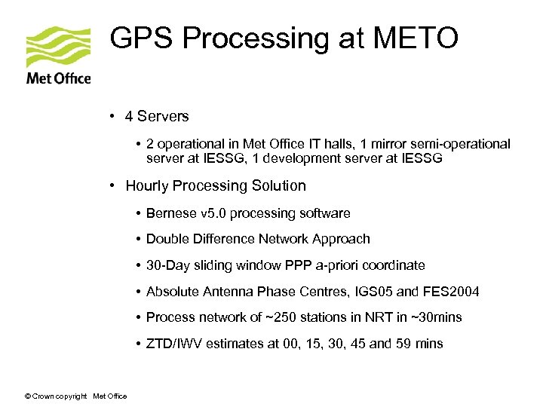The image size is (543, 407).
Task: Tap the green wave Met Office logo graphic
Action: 58,47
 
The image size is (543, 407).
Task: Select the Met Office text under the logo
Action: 58,78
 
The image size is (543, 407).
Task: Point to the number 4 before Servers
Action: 130,117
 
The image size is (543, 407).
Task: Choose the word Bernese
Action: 170,213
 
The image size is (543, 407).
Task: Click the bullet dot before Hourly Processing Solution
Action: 112,186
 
